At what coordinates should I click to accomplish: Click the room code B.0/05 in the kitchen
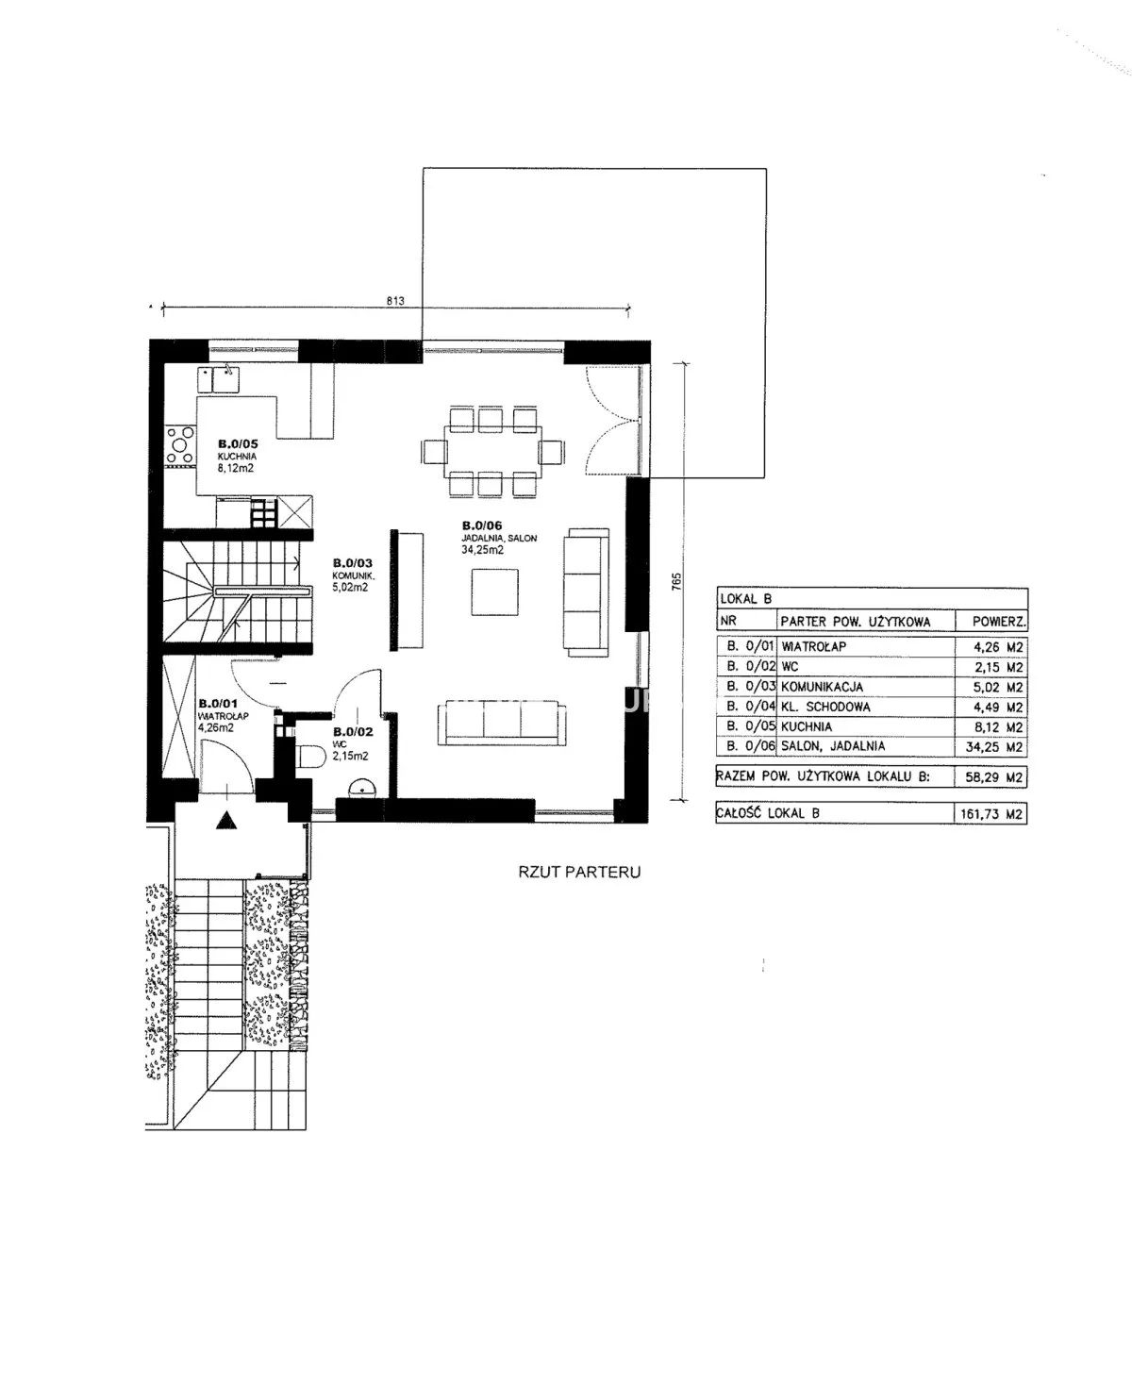click(x=237, y=443)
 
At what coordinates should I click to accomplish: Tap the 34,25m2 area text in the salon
click(x=482, y=549)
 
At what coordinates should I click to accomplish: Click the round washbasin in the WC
click(x=360, y=788)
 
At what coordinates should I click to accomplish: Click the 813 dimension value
click(x=395, y=301)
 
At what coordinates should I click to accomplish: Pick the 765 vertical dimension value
click(x=676, y=582)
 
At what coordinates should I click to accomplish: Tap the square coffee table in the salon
click(x=494, y=592)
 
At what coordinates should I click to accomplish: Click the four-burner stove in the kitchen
click(x=180, y=445)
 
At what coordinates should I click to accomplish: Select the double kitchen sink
click(x=218, y=379)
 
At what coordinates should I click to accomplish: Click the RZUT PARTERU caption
click(x=579, y=872)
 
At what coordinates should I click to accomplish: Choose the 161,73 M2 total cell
click(x=990, y=814)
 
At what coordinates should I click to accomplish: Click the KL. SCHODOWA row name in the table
click(x=825, y=707)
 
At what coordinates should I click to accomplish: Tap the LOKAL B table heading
click(x=745, y=599)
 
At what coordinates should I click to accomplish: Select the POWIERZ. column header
click(x=999, y=621)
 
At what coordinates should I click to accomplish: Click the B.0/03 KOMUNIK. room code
click(x=352, y=562)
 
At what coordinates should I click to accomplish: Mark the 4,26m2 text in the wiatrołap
click(x=216, y=727)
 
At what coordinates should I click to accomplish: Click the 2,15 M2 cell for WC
click(x=998, y=667)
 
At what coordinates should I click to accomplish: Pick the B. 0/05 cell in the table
click(x=751, y=726)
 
